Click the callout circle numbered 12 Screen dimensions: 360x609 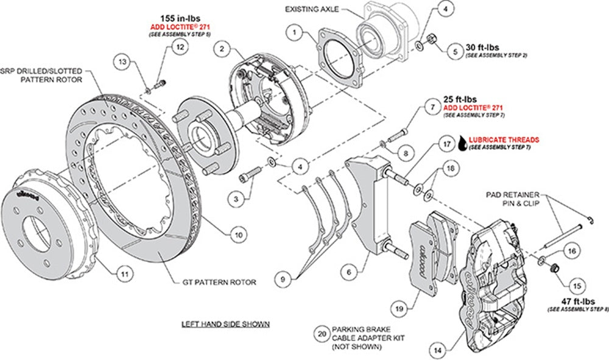point(178,47)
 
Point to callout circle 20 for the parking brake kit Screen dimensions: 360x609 point(322,333)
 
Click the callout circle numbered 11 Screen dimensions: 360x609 point(124,275)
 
